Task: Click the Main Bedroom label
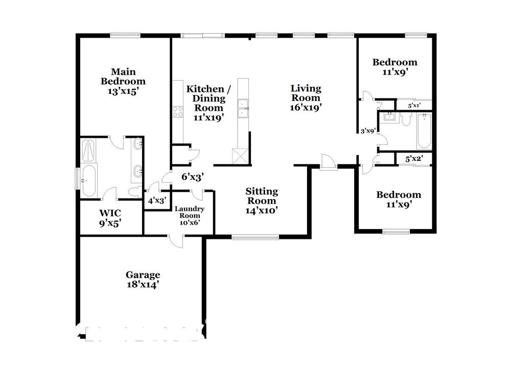click(x=123, y=81)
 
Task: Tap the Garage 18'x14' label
click(x=143, y=280)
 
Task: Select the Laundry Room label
click(x=190, y=215)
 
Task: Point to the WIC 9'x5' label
click(x=110, y=218)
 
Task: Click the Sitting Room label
click(x=262, y=201)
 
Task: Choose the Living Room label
click(x=306, y=97)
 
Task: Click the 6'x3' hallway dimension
click(x=193, y=177)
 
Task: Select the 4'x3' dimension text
click(x=157, y=201)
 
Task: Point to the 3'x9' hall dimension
click(x=368, y=131)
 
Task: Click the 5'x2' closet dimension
click(x=414, y=159)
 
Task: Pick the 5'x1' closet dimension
click(x=414, y=106)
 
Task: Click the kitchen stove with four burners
click(x=178, y=112)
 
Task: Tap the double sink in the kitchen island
click(x=243, y=108)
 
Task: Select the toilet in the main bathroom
click(x=134, y=192)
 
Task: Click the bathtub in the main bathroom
click(x=89, y=181)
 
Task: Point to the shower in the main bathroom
click(x=88, y=151)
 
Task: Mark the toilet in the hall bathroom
click(x=406, y=119)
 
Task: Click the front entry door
click(x=328, y=162)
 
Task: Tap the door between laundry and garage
click(x=176, y=240)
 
